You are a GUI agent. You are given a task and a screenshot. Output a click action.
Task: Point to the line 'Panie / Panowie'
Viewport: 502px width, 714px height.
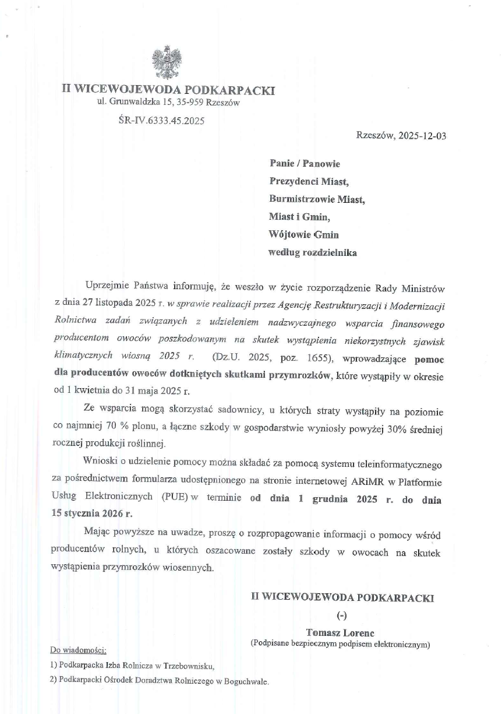point(305,164)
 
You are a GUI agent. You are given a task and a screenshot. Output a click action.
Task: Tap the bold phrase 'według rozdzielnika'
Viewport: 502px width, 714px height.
point(312,253)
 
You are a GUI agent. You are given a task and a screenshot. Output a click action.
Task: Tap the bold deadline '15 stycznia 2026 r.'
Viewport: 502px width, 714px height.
point(91,513)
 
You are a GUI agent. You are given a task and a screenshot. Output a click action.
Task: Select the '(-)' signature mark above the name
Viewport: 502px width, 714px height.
point(342,615)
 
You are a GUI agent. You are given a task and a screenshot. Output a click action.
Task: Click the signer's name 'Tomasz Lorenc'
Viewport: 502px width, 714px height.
point(341,633)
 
